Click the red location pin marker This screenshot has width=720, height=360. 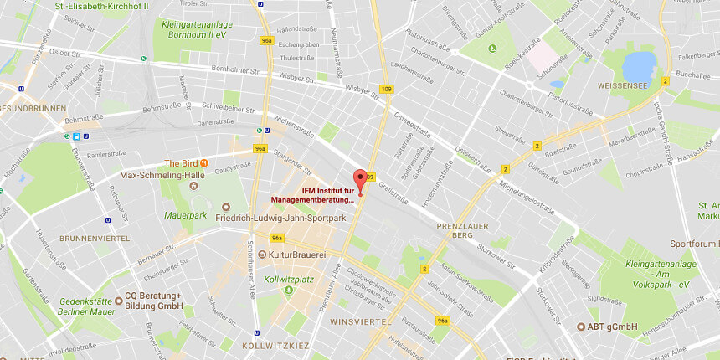[x=361, y=180]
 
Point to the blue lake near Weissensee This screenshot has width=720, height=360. [x=640, y=64]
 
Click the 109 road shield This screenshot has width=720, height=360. [x=386, y=89]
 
